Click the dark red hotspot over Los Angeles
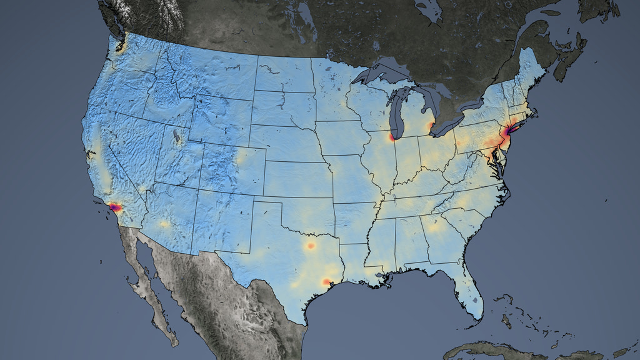(116, 207)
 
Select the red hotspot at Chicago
(392, 137)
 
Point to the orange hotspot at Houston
(326, 282)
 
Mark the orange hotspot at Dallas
(311, 246)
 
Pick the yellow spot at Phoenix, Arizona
(164, 224)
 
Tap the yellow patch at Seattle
(121, 47)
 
